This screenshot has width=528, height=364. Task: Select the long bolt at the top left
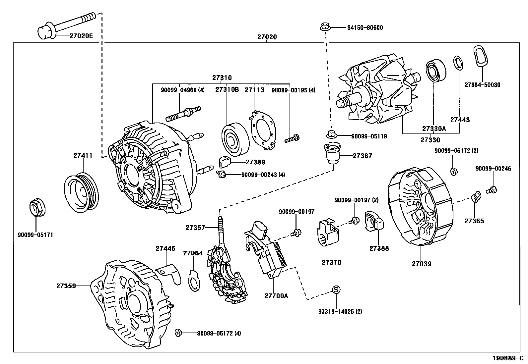(x=66, y=25)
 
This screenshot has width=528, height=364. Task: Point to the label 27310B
(x=227, y=89)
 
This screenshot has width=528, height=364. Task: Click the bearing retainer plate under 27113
(x=263, y=129)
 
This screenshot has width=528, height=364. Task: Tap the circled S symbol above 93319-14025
(x=336, y=290)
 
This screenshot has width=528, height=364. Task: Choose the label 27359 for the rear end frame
(x=66, y=286)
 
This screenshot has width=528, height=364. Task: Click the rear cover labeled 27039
(x=420, y=207)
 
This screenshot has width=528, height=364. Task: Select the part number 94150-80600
(x=365, y=28)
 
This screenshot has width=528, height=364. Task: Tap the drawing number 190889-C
(x=507, y=358)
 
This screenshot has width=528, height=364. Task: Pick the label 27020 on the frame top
(x=267, y=37)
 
